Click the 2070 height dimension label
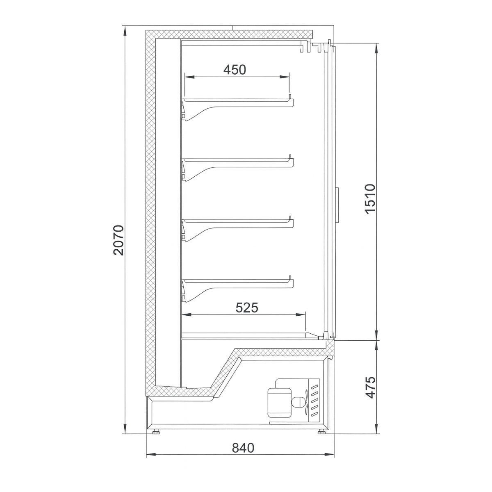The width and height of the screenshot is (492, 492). click(x=118, y=240)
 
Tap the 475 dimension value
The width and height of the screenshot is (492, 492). click(x=370, y=387)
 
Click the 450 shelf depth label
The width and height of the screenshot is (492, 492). click(x=235, y=70)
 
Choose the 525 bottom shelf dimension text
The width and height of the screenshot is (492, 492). click(x=247, y=307)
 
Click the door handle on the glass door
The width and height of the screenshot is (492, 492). click(x=338, y=205)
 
